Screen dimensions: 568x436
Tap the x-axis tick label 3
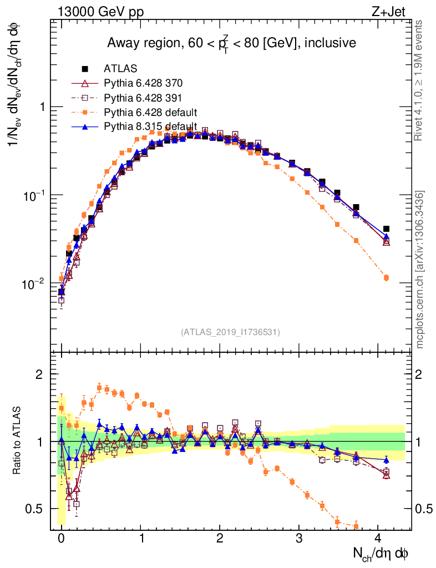click(299, 538)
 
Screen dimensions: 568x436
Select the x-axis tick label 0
click(61, 538)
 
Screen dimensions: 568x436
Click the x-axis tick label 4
click(378, 538)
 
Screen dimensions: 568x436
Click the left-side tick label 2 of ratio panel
click(39, 374)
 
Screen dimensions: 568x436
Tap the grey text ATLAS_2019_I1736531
click(230, 332)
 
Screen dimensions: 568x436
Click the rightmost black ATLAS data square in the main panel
click(386, 229)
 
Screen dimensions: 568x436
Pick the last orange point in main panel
click(386, 277)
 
